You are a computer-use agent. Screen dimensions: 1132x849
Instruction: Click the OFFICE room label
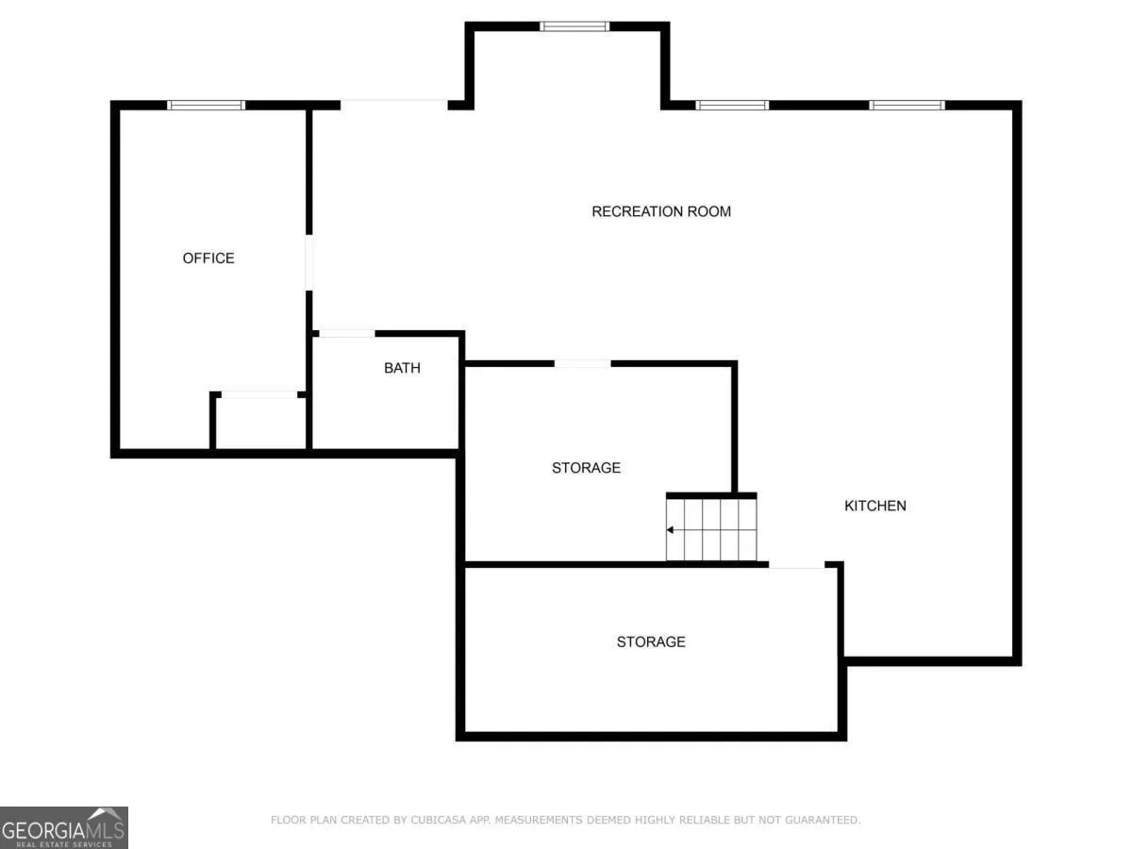[208, 258]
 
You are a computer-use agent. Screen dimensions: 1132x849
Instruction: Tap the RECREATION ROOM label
[661, 211]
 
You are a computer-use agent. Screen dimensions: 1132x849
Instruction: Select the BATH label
[402, 368]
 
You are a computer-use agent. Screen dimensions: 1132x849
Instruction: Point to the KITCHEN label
[875, 506]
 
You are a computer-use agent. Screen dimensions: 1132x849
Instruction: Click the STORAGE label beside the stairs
[587, 468]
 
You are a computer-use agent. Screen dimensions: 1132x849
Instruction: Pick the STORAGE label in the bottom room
[651, 641]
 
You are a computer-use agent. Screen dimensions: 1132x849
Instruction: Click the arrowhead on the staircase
[670, 530]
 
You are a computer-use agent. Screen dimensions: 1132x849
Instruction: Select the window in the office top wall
[207, 105]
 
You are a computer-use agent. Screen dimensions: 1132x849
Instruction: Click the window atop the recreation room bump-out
[574, 26]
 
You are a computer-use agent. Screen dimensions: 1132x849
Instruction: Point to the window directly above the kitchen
[907, 105]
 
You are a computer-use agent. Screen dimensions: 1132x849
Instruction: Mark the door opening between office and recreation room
[308, 262]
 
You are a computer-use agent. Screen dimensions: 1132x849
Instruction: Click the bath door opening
[347, 334]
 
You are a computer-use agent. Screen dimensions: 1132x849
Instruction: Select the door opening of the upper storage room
[583, 364]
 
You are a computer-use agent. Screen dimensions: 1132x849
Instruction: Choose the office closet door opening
[259, 394]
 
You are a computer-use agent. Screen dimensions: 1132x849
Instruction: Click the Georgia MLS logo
[64, 828]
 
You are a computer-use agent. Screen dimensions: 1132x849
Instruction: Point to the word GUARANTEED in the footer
[822, 820]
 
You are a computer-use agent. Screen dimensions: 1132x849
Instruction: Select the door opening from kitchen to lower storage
[797, 564]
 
